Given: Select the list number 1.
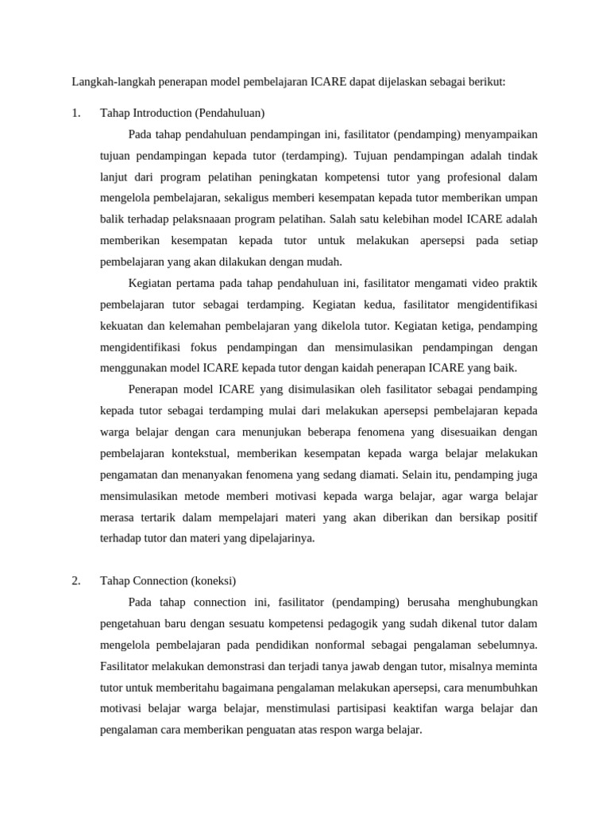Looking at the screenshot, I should (x=76, y=112).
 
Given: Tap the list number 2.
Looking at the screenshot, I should (x=76, y=580).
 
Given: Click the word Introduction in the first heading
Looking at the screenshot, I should (x=161, y=112).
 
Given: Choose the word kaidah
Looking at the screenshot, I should (x=347, y=368).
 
